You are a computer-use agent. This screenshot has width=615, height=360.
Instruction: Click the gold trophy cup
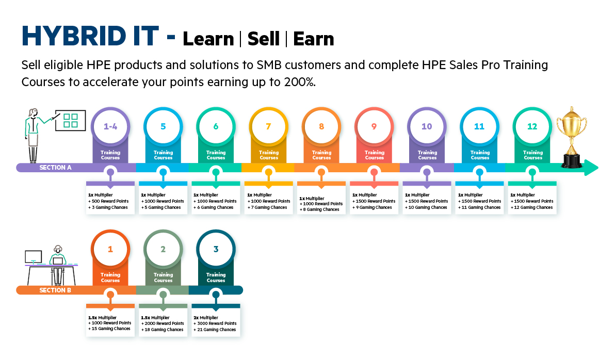[572, 137]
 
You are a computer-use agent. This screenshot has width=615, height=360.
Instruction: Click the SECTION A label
[55, 168]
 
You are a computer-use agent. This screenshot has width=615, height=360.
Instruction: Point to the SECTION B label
[55, 290]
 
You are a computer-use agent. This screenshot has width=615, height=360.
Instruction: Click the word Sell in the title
[264, 39]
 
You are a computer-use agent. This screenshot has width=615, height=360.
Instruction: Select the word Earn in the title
[314, 39]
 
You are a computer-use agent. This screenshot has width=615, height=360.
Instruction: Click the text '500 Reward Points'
[110, 201]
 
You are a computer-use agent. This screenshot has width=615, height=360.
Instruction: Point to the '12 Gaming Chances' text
[533, 207]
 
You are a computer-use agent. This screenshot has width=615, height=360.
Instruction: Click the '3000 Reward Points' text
[217, 323]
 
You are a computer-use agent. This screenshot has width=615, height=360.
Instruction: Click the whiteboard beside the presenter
[71, 120]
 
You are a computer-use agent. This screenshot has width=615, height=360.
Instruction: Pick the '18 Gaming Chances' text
[164, 330]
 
